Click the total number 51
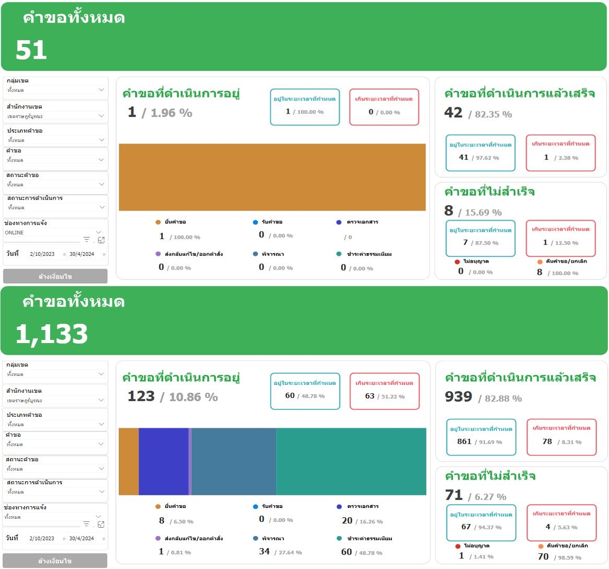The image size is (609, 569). [31, 50]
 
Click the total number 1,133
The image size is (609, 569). [51, 334]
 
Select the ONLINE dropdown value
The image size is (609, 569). [15, 233]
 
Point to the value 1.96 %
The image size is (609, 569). [171, 113]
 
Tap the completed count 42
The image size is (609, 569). [453, 113]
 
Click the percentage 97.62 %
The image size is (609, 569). [488, 158]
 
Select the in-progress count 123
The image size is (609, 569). [141, 396]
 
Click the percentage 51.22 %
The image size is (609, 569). [393, 396]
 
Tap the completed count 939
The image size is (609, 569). [458, 397]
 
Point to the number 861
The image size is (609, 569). [464, 442]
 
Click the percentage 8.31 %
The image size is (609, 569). [571, 442]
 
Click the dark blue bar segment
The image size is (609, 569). [163, 461]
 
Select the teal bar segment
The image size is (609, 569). [351, 461]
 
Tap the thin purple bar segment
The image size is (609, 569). [190, 461]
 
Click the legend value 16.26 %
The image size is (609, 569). [371, 522]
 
